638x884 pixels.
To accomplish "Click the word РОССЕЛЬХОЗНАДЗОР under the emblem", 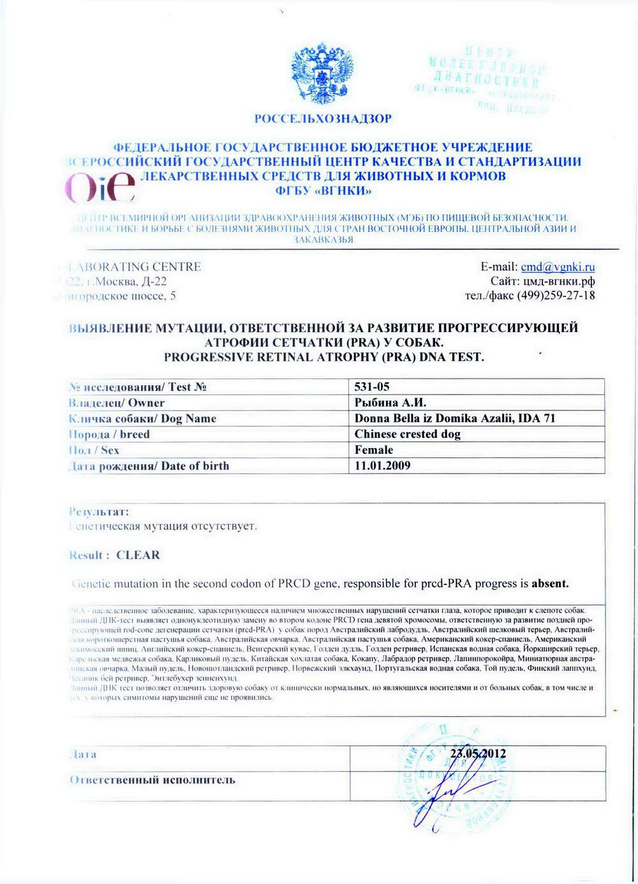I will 323,119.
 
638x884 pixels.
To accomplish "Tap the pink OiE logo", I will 100,185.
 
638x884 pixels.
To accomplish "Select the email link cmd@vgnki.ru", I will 558,267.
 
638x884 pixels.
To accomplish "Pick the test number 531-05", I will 372,387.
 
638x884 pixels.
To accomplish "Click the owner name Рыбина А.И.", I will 390,403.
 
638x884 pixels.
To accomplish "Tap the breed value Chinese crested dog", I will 407,434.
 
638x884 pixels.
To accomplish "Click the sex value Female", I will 374,450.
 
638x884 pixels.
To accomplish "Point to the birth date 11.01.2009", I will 382,465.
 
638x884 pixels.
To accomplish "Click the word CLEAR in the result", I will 138,555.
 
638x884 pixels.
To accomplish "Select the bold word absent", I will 550,583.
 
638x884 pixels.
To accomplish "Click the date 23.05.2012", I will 478,753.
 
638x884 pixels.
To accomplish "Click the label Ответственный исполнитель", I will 152,780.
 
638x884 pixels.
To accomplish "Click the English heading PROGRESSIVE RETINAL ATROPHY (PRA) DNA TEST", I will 323,357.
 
